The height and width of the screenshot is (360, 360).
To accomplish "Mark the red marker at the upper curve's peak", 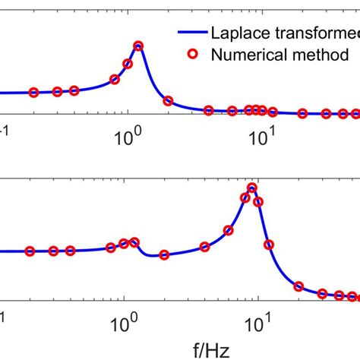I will [138, 46].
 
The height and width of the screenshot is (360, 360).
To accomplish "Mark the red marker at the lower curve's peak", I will [252, 188].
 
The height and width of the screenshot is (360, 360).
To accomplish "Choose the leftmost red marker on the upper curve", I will [33, 93].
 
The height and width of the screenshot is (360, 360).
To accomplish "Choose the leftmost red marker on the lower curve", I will [30, 251].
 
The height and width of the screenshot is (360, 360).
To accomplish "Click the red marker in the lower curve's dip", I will [163, 254].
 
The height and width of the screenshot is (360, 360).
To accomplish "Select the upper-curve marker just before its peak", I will [115, 79].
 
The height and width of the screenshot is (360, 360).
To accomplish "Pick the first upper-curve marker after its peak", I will [169, 100].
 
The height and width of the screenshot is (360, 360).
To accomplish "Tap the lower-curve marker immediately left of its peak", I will [245, 198].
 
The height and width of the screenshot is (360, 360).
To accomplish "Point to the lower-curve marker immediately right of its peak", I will [259, 201].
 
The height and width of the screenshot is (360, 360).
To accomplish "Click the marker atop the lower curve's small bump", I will [135, 242].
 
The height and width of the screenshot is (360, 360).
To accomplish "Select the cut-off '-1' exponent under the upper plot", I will [5, 130].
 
